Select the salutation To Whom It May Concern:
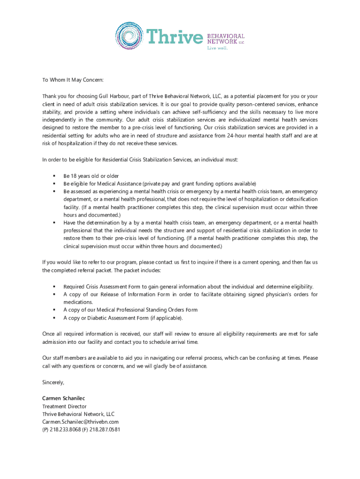coord(72,80)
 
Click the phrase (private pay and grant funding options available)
coord(199,184)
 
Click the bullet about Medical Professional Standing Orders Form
coord(130,310)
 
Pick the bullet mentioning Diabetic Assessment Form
coord(123,318)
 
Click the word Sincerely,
coord(53,382)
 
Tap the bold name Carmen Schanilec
coord(64,398)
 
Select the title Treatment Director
coord(65,406)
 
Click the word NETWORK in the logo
coord(222,42)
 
